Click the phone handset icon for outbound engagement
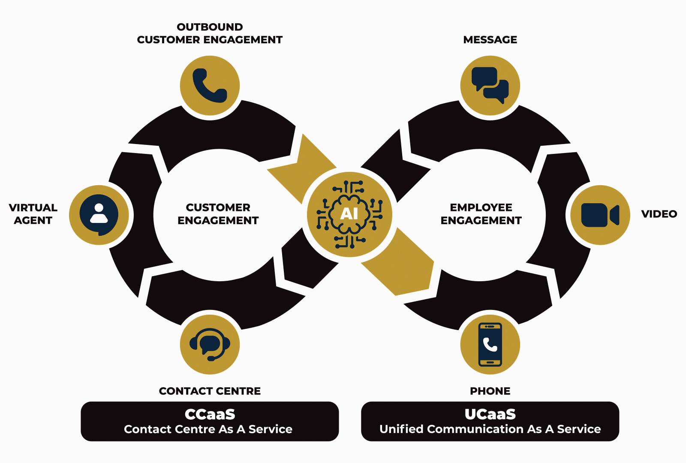[210, 85]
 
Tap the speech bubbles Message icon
[490, 85]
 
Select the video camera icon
[600, 215]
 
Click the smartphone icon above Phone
[490, 344]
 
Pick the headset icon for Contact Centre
[210, 344]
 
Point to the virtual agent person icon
[99, 215]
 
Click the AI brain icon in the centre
[349, 214]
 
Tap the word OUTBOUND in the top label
[210, 27]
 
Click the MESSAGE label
[490, 40]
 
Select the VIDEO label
[659, 214]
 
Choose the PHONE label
[490, 391]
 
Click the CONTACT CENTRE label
[210, 391]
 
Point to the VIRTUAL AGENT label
[33, 214]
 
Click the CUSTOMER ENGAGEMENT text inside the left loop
[218, 214]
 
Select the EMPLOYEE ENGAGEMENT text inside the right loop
[481, 214]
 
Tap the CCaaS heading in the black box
[210, 414]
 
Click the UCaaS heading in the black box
[490, 414]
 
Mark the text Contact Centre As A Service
[208, 429]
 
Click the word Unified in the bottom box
[401, 429]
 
